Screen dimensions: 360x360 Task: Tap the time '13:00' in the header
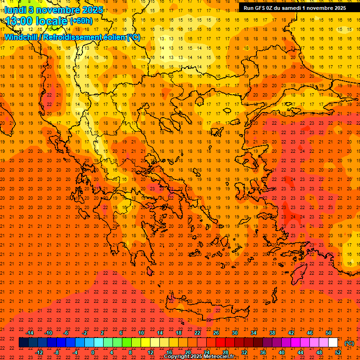(x=19, y=21)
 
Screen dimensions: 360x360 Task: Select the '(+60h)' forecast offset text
(x=81, y=21)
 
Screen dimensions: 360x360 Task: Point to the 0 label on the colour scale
(x=93, y=352)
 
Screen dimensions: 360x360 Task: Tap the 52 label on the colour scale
(x=338, y=352)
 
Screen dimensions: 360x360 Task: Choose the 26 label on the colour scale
(x=216, y=333)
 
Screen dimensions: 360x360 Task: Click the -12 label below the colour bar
(x=39, y=352)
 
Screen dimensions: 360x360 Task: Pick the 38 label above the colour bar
(x=272, y=333)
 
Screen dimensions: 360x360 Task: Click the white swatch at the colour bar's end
(x=333, y=343)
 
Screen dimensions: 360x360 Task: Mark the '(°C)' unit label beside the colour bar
(x=349, y=343)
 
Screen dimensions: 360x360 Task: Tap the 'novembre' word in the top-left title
(x=54, y=10)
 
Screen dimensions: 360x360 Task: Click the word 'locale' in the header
(x=52, y=21)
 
